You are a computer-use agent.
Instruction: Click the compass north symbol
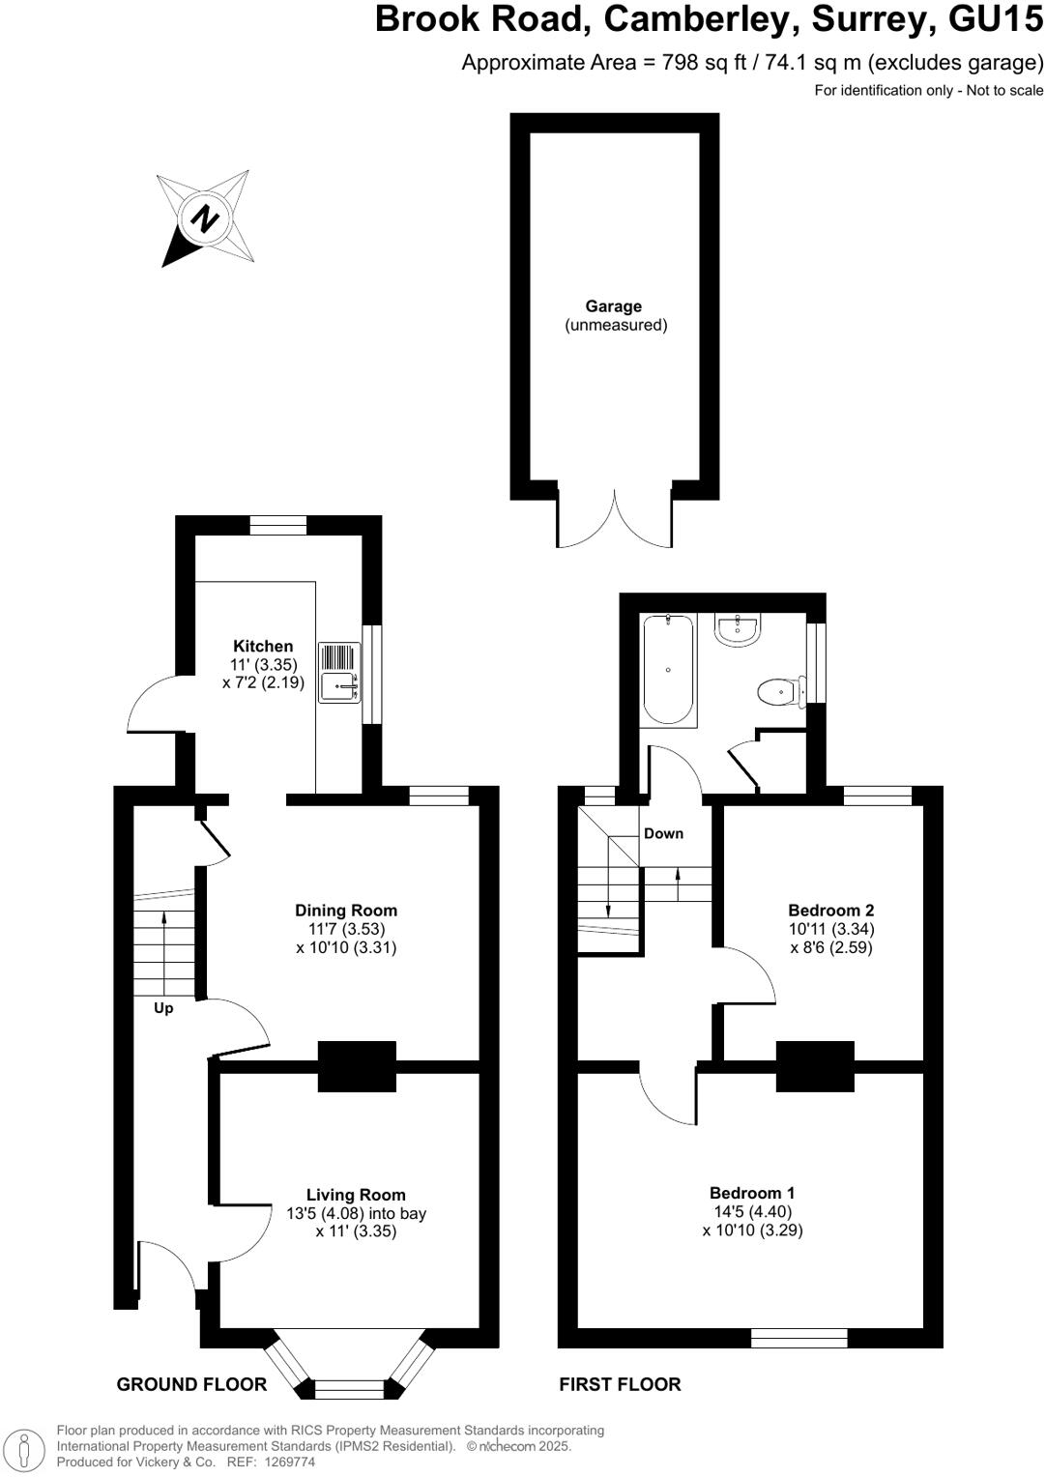click(x=205, y=217)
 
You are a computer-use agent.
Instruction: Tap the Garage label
click(x=613, y=306)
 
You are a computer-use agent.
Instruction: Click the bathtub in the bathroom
click(x=669, y=670)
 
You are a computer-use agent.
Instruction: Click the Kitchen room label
click(x=263, y=647)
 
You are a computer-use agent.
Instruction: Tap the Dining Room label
click(x=346, y=911)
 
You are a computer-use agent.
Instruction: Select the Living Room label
click(x=356, y=1195)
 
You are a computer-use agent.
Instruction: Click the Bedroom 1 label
click(x=752, y=1193)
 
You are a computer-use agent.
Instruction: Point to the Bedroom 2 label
click(x=831, y=911)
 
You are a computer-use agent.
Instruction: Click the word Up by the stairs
click(x=163, y=1008)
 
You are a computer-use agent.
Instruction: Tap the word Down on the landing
click(x=663, y=833)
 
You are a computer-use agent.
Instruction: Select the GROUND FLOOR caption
click(x=191, y=1384)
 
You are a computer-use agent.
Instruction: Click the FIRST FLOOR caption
click(x=620, y=1384)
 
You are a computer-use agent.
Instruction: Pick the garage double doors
click(x=615, y=520)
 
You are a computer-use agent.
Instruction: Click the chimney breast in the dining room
click(x=357, y=1066)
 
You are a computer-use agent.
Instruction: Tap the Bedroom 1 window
click(x=799, y=1338)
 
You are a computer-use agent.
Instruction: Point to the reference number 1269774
click(x=284, y=1463)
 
